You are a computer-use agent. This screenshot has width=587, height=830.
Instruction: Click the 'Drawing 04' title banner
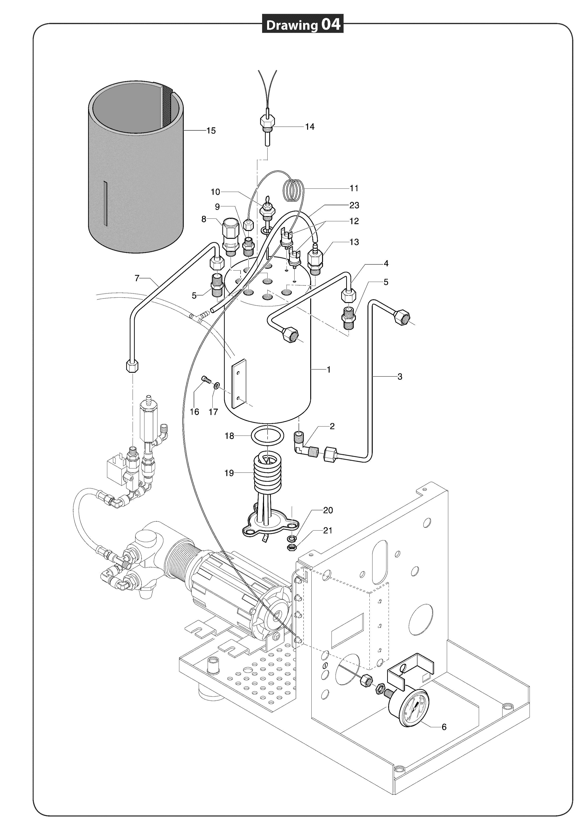[303, 24]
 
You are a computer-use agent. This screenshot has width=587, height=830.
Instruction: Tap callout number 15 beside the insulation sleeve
[211, 131]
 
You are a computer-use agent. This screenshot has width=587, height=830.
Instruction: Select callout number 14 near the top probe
[310, 126]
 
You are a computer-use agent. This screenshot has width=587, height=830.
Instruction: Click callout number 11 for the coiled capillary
[354, 188]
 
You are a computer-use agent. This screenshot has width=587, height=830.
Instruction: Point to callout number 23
[354, 205]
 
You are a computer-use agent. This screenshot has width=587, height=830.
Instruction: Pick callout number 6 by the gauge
[444, 727]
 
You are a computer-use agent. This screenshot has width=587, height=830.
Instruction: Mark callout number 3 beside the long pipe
[400, 377]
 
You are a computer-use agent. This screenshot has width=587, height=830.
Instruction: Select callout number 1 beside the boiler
[329, 370]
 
